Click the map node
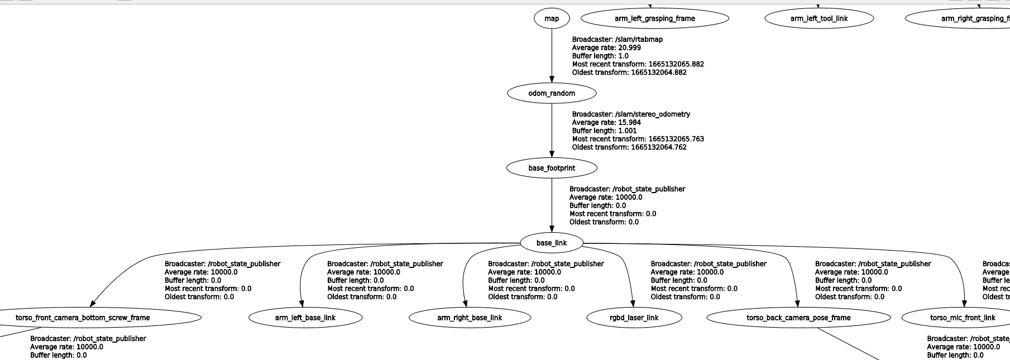[x=552, y=18]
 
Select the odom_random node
[x=552, y=93]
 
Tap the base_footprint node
[x=552, y=168]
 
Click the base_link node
[x=552, y=243]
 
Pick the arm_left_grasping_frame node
[x=655, y=18]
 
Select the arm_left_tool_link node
[x=819, y=18]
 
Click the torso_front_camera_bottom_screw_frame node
[x=83, y=318]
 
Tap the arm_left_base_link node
[x=305, y=318]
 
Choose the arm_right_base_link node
[x=470, y=318]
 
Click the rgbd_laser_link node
[x=634, y=318]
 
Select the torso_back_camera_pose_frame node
[x=798, y=318]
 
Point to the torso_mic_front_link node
[x=963, y=318]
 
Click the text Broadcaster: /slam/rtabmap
[x=618, y=40]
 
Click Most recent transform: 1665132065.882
[x=638, y=64]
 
